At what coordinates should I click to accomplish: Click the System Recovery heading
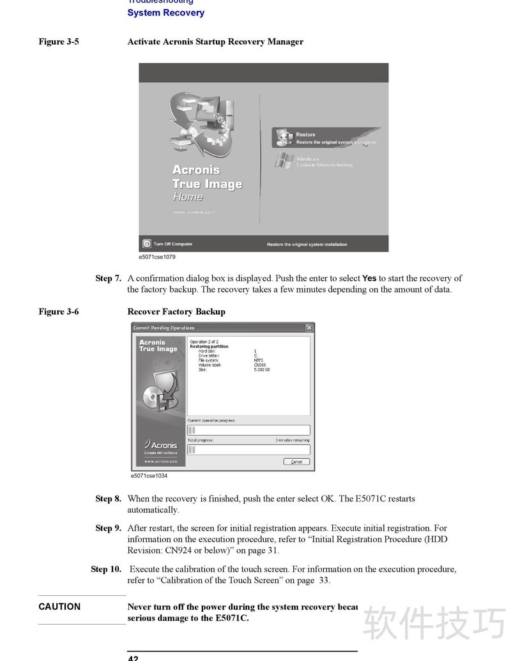pos(165,13)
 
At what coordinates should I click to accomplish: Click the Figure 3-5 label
pos(59,42)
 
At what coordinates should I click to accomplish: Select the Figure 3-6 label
pos(59,312)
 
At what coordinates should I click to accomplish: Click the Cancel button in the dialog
pos(296,462)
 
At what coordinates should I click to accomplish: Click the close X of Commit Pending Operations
pos(309,328)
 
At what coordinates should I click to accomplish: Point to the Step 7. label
pos(108,278)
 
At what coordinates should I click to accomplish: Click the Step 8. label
pos(108,499)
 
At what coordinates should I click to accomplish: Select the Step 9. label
pos(108,528)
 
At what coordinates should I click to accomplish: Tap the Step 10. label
pos(105,569)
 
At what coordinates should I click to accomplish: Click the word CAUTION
pos(59,607)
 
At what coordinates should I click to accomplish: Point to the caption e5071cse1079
pos(157,257)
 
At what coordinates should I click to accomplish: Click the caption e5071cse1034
pos(149,476)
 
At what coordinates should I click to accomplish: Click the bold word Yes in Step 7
pos(369,278)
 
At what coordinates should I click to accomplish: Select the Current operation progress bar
pos(248,430)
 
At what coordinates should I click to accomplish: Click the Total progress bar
pos(248,450)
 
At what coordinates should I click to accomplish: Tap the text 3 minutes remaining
pos(292,440)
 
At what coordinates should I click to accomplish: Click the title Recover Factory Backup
pos(176,312)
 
